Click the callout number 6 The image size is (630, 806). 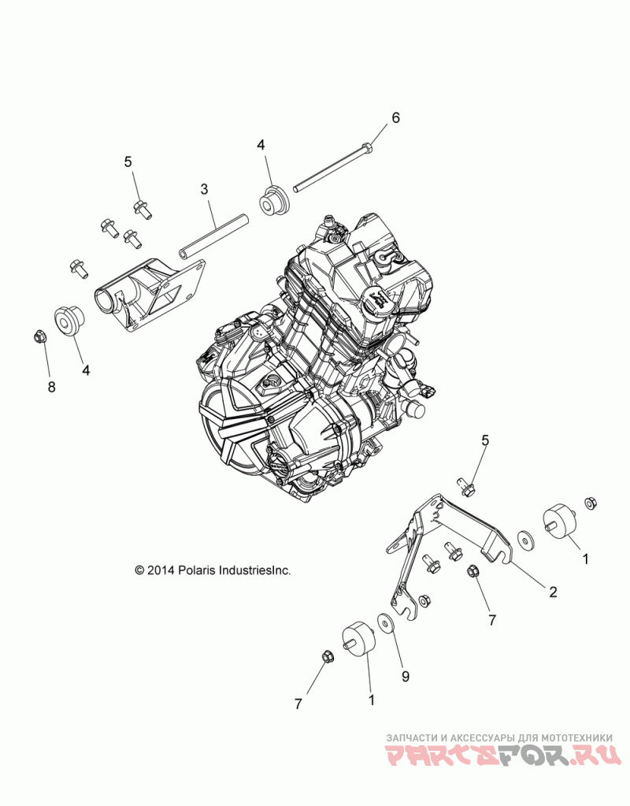[x=395, y=118]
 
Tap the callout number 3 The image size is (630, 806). [x=204, y=189]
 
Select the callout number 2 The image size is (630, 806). [x=553, y=592]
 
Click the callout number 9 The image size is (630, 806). [x=406, y=674]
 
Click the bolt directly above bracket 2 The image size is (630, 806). [x=466, y=488]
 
